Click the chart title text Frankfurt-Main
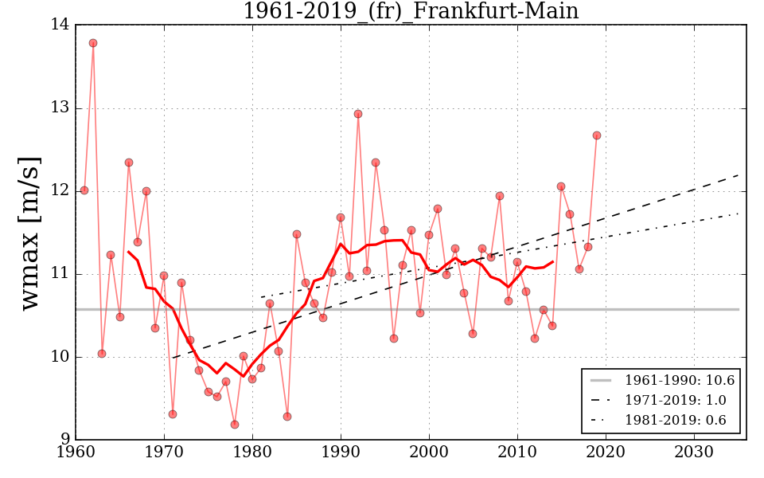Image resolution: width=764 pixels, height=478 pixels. [410, 11]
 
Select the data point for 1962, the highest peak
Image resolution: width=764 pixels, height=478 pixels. [93, 43]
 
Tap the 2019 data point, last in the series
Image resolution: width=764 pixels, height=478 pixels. [596, 135]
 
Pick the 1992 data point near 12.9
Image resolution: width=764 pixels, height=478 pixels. [358, 114]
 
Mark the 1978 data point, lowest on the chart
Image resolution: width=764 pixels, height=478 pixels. [234, 425]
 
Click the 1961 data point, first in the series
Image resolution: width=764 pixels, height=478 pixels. [84, 190]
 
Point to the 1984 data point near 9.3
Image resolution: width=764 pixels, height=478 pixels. [287, 417]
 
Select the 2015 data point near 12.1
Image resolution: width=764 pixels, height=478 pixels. [561, 186]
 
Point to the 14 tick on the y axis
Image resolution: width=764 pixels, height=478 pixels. [60, 25]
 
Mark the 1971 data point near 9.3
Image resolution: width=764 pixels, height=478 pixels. [173, 414]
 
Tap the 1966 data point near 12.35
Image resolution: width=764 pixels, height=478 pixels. [129, 163]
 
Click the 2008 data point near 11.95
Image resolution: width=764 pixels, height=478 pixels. [500, 196]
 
